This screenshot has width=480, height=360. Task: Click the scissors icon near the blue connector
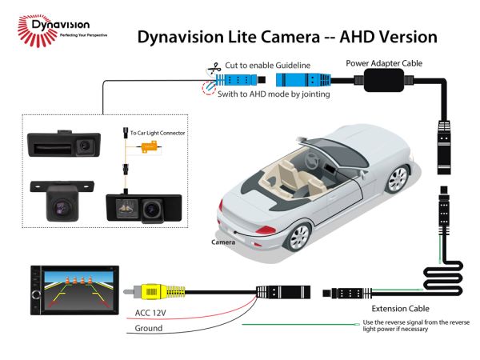[x=214, y=69]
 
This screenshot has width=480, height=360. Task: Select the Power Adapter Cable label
[x=384, y=63]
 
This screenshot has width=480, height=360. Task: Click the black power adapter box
[x=384, y=80]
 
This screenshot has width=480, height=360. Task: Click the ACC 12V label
[x=150, y=313]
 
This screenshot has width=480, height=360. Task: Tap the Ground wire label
[x=149, y=328]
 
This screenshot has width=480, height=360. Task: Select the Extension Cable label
[x=400, y=309]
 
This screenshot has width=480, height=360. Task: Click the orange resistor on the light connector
[x=149, y=147]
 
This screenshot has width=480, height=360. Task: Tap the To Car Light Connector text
[x=158, y=133]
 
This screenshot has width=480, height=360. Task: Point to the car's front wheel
[x=398, y=179]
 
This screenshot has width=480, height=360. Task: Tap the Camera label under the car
[x=223, y=242]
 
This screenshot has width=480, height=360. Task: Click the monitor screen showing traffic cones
[x=79, y=290]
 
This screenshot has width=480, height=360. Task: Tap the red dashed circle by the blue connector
[x=209, y=87]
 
